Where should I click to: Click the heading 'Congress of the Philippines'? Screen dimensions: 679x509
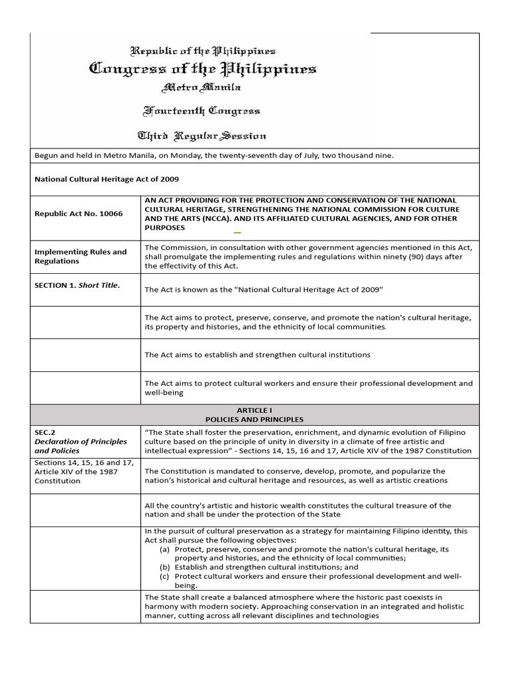tap(203, 68)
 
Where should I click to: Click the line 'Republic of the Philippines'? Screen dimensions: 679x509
tap(203, 50)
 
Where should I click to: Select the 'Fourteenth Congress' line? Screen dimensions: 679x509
tap(202, 111)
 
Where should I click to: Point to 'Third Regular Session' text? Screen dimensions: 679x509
tap(201, 136)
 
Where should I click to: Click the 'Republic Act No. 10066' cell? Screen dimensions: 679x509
tap(78, 214)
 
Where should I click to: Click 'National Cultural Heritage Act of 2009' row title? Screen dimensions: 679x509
tap(107, 179)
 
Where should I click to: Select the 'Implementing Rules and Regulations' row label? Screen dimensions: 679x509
tap(80, 257)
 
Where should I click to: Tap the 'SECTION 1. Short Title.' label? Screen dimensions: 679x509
tap(77, 289)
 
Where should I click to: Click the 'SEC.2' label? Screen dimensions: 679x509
tap(44, 432)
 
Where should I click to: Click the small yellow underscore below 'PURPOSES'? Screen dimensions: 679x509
tap(237, 233)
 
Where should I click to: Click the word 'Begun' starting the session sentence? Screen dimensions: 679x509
tap(46, 156)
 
